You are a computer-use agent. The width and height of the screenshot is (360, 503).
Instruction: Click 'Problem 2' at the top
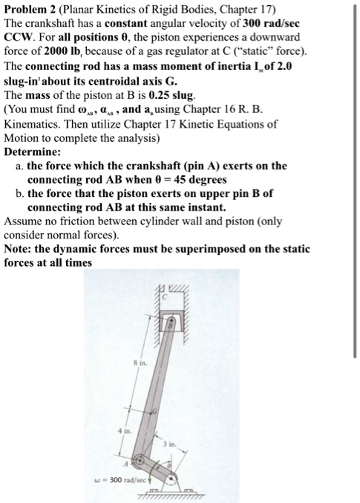point(33,8)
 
